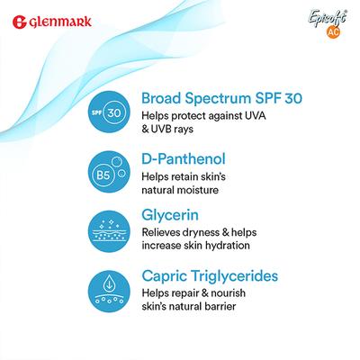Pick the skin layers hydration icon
[x=107, y=229]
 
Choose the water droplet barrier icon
[x=107, y=287]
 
